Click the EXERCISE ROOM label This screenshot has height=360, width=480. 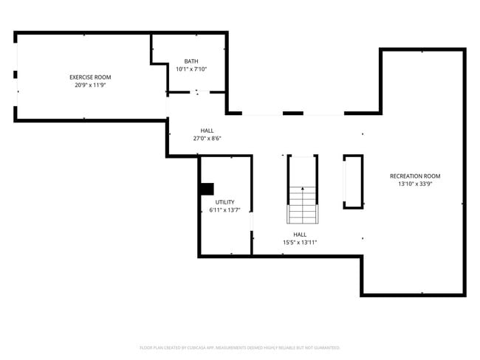(x=90, y=77)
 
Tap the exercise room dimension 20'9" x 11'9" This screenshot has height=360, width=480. (x=90, y=85)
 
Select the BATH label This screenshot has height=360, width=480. (x=191, y=61)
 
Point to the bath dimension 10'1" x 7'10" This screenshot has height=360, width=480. (x=191, y=69)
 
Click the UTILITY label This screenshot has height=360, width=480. (x=224, y=201)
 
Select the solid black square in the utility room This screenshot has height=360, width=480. (x=206, y=190)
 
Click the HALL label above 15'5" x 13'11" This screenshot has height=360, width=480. (x=300, y=234)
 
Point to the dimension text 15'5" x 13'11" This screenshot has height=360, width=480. (x=300, y=242)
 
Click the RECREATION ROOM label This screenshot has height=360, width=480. (x=415, y=176)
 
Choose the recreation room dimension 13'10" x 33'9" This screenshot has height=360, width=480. (x=415, y=184)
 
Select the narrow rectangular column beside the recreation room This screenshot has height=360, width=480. (x=353, y=181)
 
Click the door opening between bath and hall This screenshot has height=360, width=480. (x=197, y=92)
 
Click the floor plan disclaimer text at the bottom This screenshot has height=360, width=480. (x=240, y=347)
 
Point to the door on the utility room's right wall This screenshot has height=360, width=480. (x=252, y=221)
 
